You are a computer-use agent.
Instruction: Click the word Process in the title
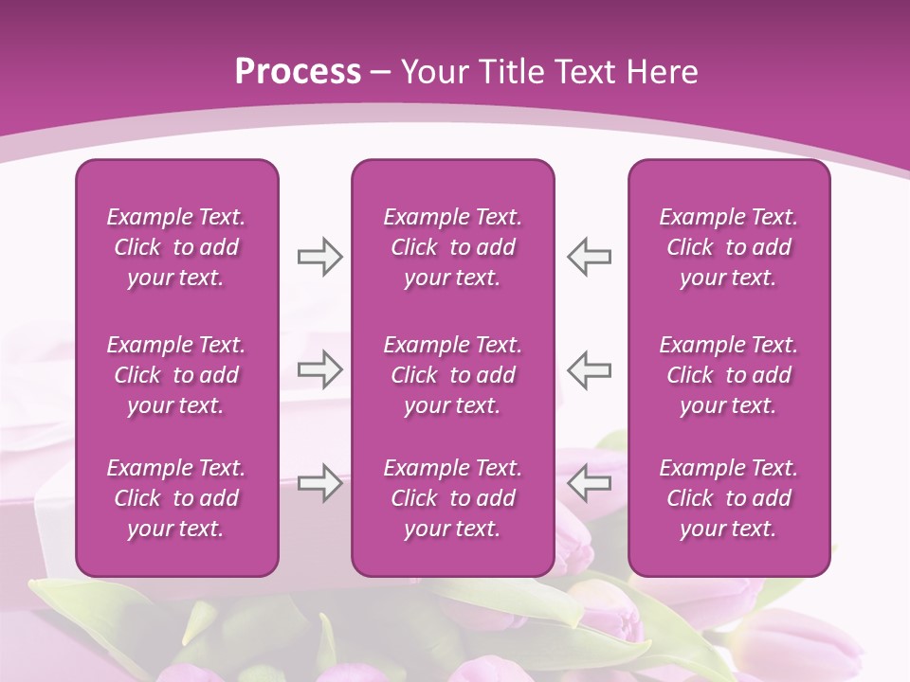(x=298, y=72)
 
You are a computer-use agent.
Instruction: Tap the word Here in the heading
(x=660, y=72)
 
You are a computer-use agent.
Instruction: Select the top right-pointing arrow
(x=319, y=257)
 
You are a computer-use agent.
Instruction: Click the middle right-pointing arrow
(x=319, y=369)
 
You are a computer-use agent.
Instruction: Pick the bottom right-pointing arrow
(x=319, y=483)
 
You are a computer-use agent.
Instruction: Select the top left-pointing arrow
(x=589, y=257)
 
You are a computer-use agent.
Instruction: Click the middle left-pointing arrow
(x=589, y=369)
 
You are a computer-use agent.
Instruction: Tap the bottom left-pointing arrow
(x=589, y=483)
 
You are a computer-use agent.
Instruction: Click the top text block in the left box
(x=176, y=247)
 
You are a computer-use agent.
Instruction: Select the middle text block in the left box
(x=176, y=375)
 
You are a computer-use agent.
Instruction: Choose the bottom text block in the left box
(x=176, y=498)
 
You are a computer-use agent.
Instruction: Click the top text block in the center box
(x=452, y=247)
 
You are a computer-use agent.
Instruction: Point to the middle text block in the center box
(x=452, y=375)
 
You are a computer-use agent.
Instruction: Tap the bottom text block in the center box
(x=452, y=498)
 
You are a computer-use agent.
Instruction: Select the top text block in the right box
(x=728, y=247)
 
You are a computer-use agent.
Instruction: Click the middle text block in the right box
(x=728, y=375)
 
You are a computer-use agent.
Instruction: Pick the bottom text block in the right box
(x=728, y=498)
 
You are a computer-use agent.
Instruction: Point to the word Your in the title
(x=433, y=72)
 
